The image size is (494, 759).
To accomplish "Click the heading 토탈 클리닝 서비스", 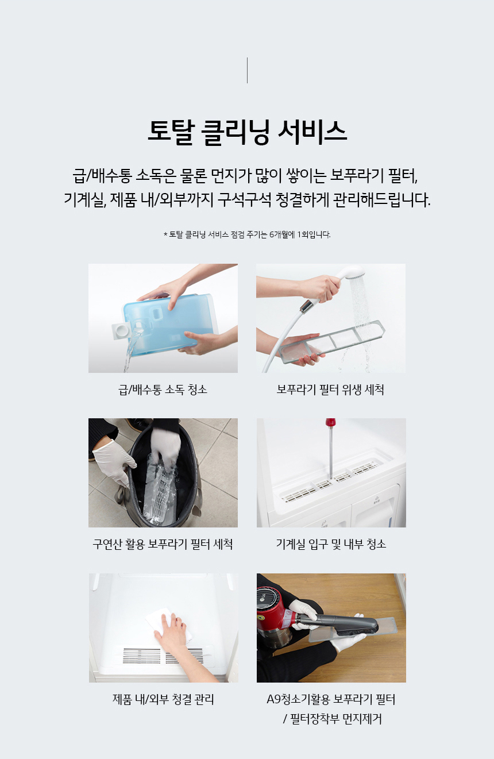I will [x=247, y=132].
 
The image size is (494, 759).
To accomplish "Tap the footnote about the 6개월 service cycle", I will [x=247, y=234].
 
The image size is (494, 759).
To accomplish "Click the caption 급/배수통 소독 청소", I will [x=163, y=390].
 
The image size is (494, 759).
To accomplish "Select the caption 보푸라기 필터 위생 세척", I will [x=330, y=390].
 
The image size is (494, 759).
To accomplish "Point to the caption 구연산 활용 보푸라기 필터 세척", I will [x=163, y=544].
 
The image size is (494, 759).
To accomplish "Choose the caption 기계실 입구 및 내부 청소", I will [x=331, y=544].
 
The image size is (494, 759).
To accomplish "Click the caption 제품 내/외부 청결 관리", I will [x=163, y=699].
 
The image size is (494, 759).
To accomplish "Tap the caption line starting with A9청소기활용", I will [x=331, y=699].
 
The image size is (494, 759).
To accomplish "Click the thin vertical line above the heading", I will [x=247, y=70].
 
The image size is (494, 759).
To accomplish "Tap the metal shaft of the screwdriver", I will [x=330, y=454].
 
